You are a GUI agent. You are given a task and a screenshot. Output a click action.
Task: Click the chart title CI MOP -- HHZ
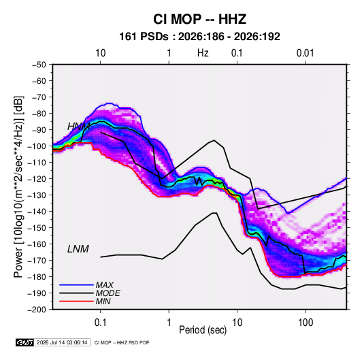tap(199, 19)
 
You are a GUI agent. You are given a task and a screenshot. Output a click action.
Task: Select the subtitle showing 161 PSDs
tap(199, 37)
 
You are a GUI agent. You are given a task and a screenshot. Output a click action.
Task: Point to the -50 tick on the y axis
tap(39, 65)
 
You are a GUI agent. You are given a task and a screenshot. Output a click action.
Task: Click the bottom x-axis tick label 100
tap(305, 323)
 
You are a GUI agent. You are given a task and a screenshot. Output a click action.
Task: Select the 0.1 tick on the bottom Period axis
tap(100, 323)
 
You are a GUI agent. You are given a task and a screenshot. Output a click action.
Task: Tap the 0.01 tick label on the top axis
tap(305, 53)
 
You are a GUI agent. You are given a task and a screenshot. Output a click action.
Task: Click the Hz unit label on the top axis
tap(203, 53)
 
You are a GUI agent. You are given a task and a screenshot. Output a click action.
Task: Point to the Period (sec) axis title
tap(203, 330)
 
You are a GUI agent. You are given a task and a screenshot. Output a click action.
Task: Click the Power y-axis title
tap(18, 186)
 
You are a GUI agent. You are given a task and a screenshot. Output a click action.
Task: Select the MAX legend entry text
tap(105, 285)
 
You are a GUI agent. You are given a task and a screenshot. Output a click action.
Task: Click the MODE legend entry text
tap(107, 293)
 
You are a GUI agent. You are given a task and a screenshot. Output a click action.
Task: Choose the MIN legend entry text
tap(103, 301)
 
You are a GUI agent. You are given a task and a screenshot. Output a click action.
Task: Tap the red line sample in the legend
tap(76, 301)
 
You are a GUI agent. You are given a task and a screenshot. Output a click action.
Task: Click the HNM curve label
tap(79, 127)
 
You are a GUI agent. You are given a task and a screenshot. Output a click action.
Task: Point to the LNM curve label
tap(78, 249)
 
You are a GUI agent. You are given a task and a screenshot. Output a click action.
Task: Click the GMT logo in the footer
tap(25, 342)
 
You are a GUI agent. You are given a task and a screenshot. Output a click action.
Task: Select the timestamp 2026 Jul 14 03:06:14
tap(62, 342)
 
